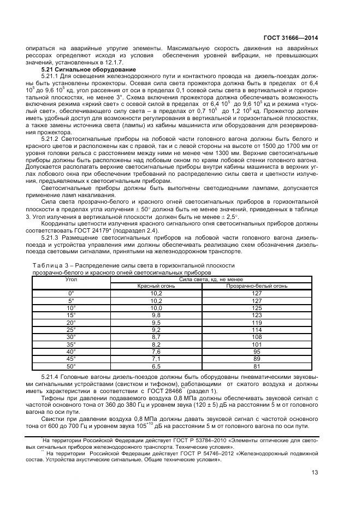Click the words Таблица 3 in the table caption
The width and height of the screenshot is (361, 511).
(51, 265)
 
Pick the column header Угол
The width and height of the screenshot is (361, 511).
(71, 278)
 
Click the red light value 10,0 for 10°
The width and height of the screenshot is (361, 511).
(157, 308)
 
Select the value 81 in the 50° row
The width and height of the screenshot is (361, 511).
(257, 366)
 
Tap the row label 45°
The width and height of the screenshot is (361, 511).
(71, 359)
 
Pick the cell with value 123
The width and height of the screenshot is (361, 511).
(257, 315)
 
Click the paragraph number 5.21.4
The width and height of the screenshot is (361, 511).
(52, 376)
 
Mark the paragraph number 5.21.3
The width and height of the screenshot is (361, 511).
(52, 237)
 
